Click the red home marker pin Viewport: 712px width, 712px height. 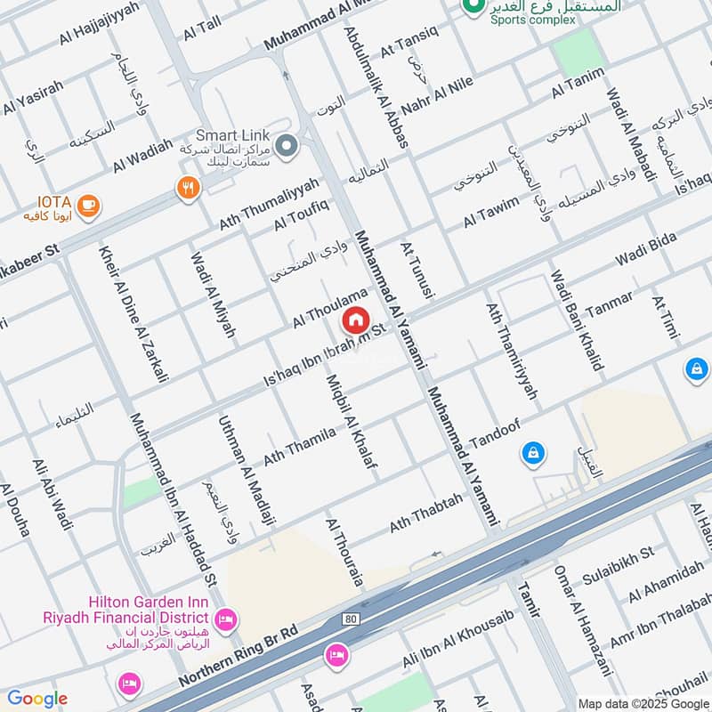point(356,320)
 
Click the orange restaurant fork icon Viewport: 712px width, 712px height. point(188,187)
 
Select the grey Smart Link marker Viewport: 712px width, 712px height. point(286,145)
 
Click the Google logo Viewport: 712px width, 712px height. point(36,699)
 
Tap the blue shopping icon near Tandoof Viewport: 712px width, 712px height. point(531,453)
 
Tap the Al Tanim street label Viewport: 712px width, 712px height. point(578,82)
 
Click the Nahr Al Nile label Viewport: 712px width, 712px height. point(444,76)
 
